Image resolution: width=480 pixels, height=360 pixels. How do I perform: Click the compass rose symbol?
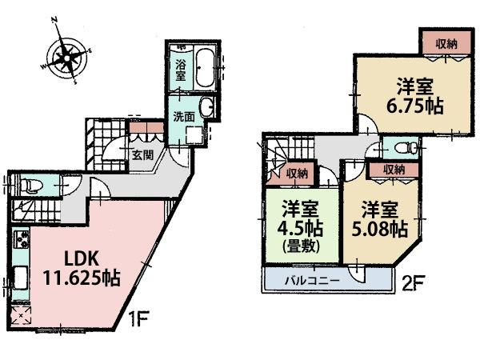tap(65, 56)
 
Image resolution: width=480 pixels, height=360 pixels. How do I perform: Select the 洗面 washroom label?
tap(183, 116)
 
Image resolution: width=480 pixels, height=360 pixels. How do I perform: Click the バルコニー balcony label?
tap(314, 281)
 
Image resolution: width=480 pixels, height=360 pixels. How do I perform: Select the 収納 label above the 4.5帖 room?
tap(298, 173)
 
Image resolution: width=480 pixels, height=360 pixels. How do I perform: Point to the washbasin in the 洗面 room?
tap(207, 107)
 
